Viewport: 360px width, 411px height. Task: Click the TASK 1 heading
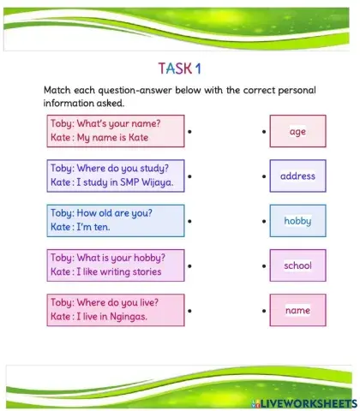(181, 68)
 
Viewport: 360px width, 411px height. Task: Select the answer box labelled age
(297, 132)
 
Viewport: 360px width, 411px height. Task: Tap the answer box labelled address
(297, 176)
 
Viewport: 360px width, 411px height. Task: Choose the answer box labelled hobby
(297, 221)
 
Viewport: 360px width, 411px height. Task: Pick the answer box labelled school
(297, 265)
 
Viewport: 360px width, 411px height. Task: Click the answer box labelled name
(297, 310)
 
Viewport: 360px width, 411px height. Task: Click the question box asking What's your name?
(115, 131)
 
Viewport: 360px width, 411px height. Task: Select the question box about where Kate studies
(115, 176)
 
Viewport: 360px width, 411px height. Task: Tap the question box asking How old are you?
(115, 220)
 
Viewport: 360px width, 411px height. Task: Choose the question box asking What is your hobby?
(115, 265)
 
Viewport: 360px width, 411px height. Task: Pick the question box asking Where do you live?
(115, 309)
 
